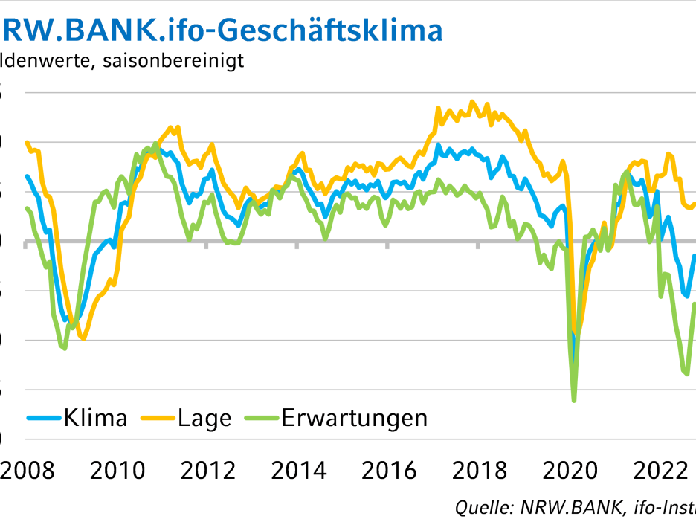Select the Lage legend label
[204, 418]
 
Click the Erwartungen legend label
[355, 418]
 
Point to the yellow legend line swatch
[158, 418]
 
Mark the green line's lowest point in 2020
[574, 401]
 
